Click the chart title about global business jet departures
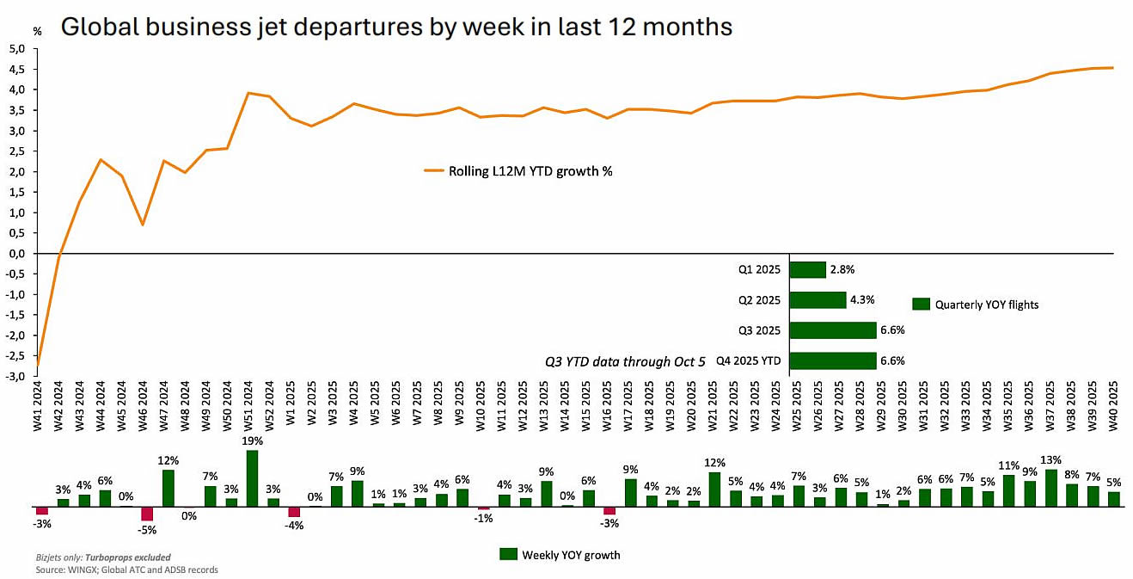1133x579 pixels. coord(395,27)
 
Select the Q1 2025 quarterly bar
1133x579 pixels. coord(807,270)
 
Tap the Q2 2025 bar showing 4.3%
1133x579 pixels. coord(818,300)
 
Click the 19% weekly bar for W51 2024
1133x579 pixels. coord(252,478)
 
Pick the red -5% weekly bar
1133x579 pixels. coord(147,514)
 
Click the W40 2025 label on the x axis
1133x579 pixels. coord(1114,404)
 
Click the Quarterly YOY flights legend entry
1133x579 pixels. coord(975,304)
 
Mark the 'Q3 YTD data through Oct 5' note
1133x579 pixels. coord(625,361)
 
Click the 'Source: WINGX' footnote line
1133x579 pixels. coord(126,570)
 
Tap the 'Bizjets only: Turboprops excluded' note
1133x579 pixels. coord(103,557)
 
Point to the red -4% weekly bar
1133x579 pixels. coord(294,512)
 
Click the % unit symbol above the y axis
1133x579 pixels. coord(37,30)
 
